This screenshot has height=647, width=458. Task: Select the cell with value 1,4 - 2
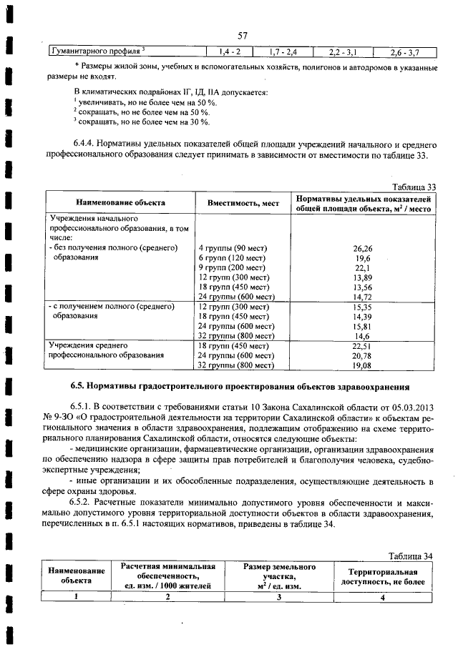[230, 51]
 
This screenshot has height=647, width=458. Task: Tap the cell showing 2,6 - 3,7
[404, 52]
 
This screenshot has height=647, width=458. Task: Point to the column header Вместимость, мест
[243, 203]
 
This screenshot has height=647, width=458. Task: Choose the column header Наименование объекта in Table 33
[120, 203]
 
